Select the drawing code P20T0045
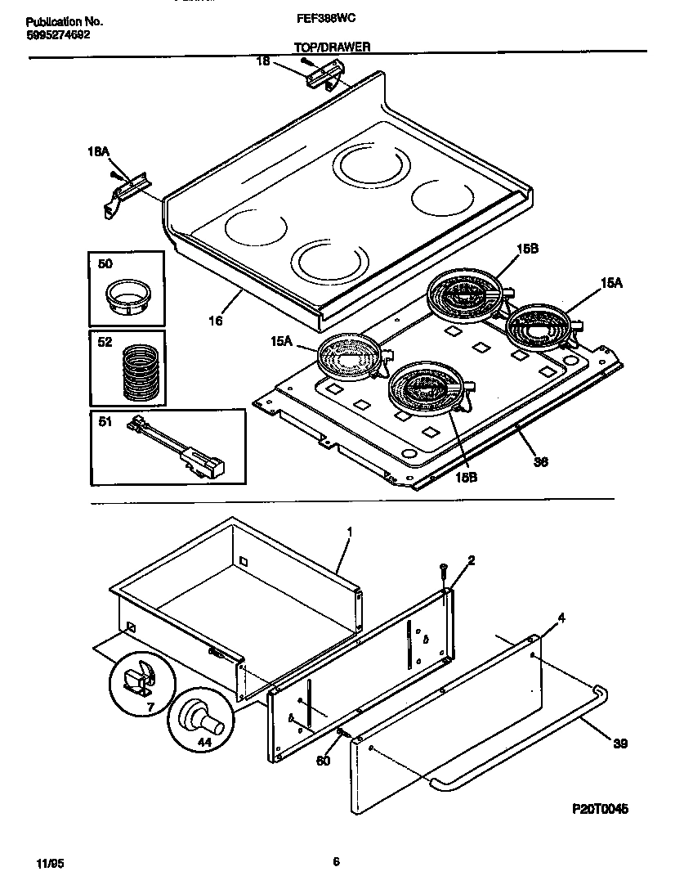click(x=599, y=809)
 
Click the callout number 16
click(x=215, y=322)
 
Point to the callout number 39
click(x=622, y=743)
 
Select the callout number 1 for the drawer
click(x=349, y=532)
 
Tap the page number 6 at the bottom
click(x=336, y=860)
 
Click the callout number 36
click(x=540, y=461)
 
